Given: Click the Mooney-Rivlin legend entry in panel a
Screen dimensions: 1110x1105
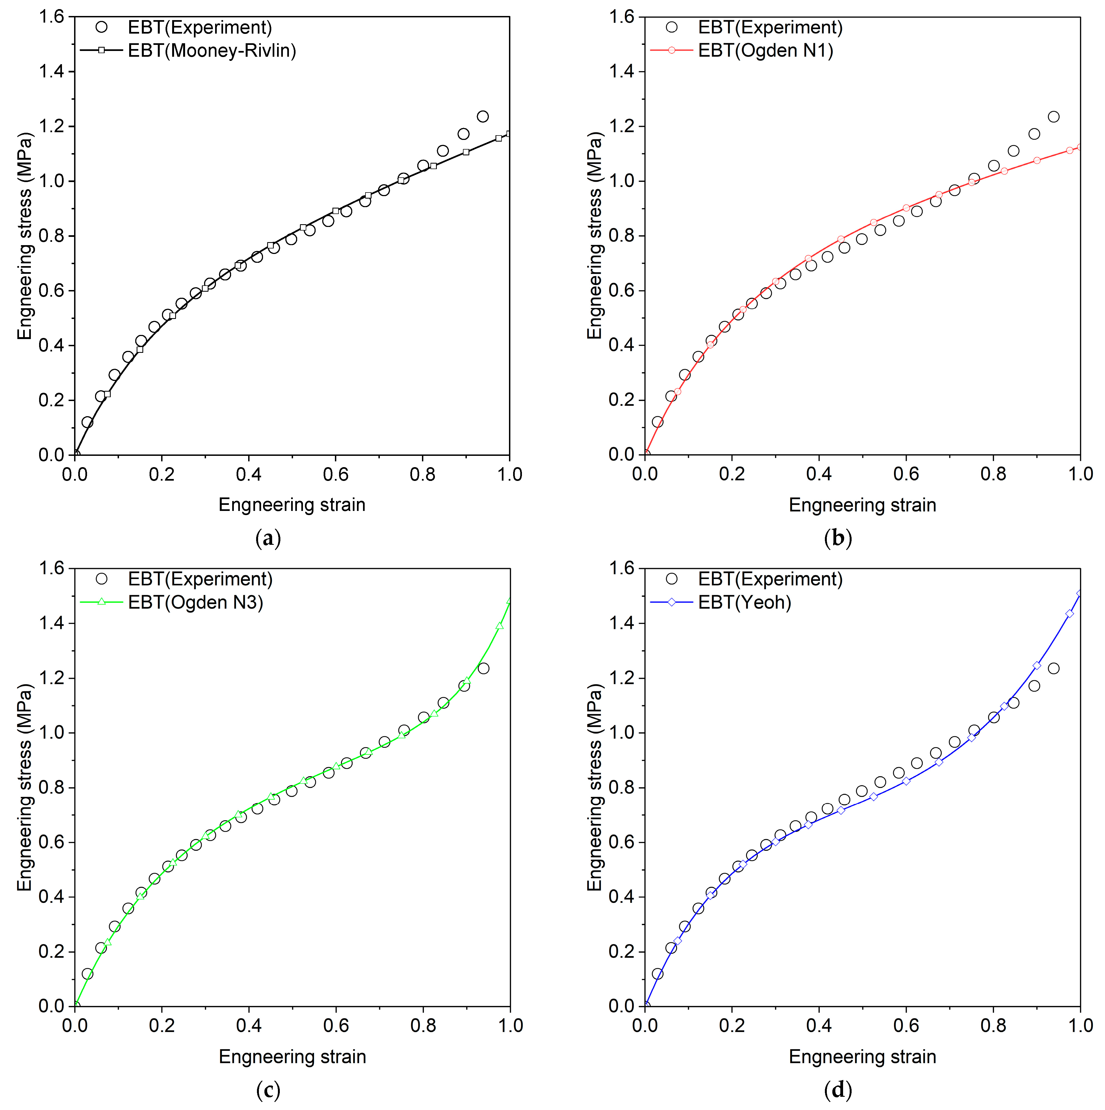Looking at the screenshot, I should click(212, 51).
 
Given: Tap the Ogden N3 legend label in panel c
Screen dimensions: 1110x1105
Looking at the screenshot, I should click(195, 602).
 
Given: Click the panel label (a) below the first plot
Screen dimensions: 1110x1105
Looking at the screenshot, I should click(268, 538).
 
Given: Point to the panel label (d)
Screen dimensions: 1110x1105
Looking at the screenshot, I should click(838, 1090).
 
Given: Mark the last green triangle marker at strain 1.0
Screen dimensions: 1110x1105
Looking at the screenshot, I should click(509, 601).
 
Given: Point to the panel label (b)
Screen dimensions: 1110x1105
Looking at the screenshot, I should click(838, 538).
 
